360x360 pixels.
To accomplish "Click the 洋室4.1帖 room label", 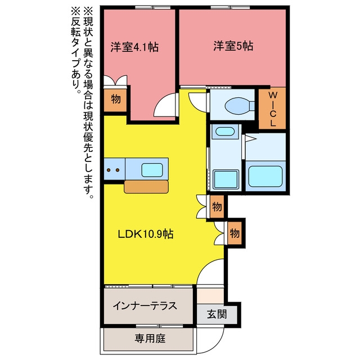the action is coord(134,47).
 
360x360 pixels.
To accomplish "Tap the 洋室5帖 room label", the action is coord(233,46).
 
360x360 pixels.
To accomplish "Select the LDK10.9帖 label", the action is coord(146,234).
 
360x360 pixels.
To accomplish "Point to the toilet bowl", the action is coord(237,106).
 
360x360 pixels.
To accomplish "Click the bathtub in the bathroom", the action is coord(265,176).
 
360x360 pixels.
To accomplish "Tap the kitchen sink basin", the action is coord(152,170).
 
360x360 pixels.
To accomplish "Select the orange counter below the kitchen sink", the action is coord(146,187).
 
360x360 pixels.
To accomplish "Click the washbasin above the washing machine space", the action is coord(225,132).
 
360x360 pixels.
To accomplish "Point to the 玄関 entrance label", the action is coord(217,314).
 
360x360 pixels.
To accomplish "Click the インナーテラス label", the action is coord(145,306).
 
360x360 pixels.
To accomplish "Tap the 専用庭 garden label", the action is coord(150,339).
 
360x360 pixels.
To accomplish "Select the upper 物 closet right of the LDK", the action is coord(217,206).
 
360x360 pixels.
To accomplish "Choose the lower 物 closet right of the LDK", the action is coord(235,233).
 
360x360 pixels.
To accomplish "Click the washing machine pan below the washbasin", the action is coord(225,179).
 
